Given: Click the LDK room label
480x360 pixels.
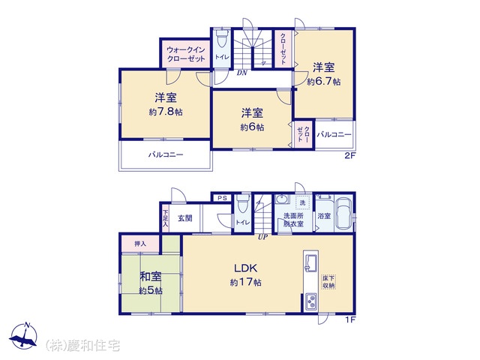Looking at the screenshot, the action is (246, 268).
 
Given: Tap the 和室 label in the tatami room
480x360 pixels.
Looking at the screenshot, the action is (151, 277).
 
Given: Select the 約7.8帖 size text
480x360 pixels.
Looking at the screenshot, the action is (166, 112).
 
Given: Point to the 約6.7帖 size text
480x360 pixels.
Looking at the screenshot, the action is (324, 82).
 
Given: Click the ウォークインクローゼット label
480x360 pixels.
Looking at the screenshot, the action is (186, 54).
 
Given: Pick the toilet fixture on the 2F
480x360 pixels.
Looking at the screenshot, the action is (222, 37).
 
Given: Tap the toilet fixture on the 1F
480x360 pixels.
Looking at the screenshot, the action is (243, 203).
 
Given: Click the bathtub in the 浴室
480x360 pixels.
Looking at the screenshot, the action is (344, 215).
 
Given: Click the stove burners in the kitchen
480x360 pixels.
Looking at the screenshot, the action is (311, 301).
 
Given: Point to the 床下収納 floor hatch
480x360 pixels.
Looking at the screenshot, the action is (328, 282).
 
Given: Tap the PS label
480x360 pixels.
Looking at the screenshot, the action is (223, 198).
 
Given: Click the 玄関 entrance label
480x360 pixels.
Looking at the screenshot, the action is (185, 218).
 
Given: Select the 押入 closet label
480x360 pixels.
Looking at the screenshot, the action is (140, 244).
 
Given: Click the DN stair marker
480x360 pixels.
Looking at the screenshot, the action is (241, 73).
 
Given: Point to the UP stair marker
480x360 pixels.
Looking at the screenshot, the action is (262, 237).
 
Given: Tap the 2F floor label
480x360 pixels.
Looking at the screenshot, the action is (350, 155).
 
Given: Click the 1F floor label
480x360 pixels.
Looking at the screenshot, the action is (350, 320).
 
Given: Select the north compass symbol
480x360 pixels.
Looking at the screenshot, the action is (24, 335).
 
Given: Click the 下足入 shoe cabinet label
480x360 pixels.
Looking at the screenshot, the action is (165, 218).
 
